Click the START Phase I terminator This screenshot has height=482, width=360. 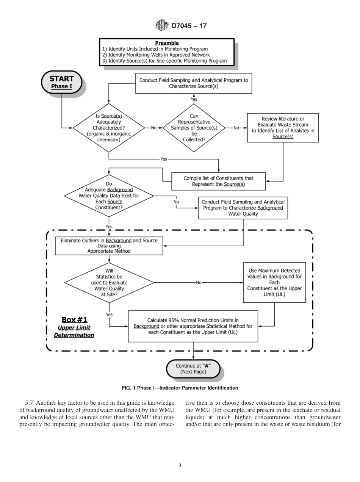pos(61,82)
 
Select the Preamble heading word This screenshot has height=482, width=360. pos(167,43)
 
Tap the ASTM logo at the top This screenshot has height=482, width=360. pos(162,26)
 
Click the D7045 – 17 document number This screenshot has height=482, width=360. pos(189,26)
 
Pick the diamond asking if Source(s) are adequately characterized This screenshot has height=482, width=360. pos(109,128)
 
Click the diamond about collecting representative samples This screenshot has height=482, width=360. pos(194,128)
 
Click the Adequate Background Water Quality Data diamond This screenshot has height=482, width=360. pos(109,196)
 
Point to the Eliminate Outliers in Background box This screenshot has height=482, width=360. pos(109,246)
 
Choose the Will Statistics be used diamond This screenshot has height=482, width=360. pos(109,282)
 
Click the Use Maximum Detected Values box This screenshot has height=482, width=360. pos(274,282)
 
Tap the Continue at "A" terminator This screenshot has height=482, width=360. pos(193,369)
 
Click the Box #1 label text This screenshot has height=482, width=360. pos(74,319)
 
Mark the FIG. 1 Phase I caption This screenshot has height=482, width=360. pos(180,388)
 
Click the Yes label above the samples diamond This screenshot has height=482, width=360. pos(194,99)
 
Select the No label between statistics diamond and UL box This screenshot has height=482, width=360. pos(199,282)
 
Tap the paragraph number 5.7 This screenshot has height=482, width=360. pos(29,402)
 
